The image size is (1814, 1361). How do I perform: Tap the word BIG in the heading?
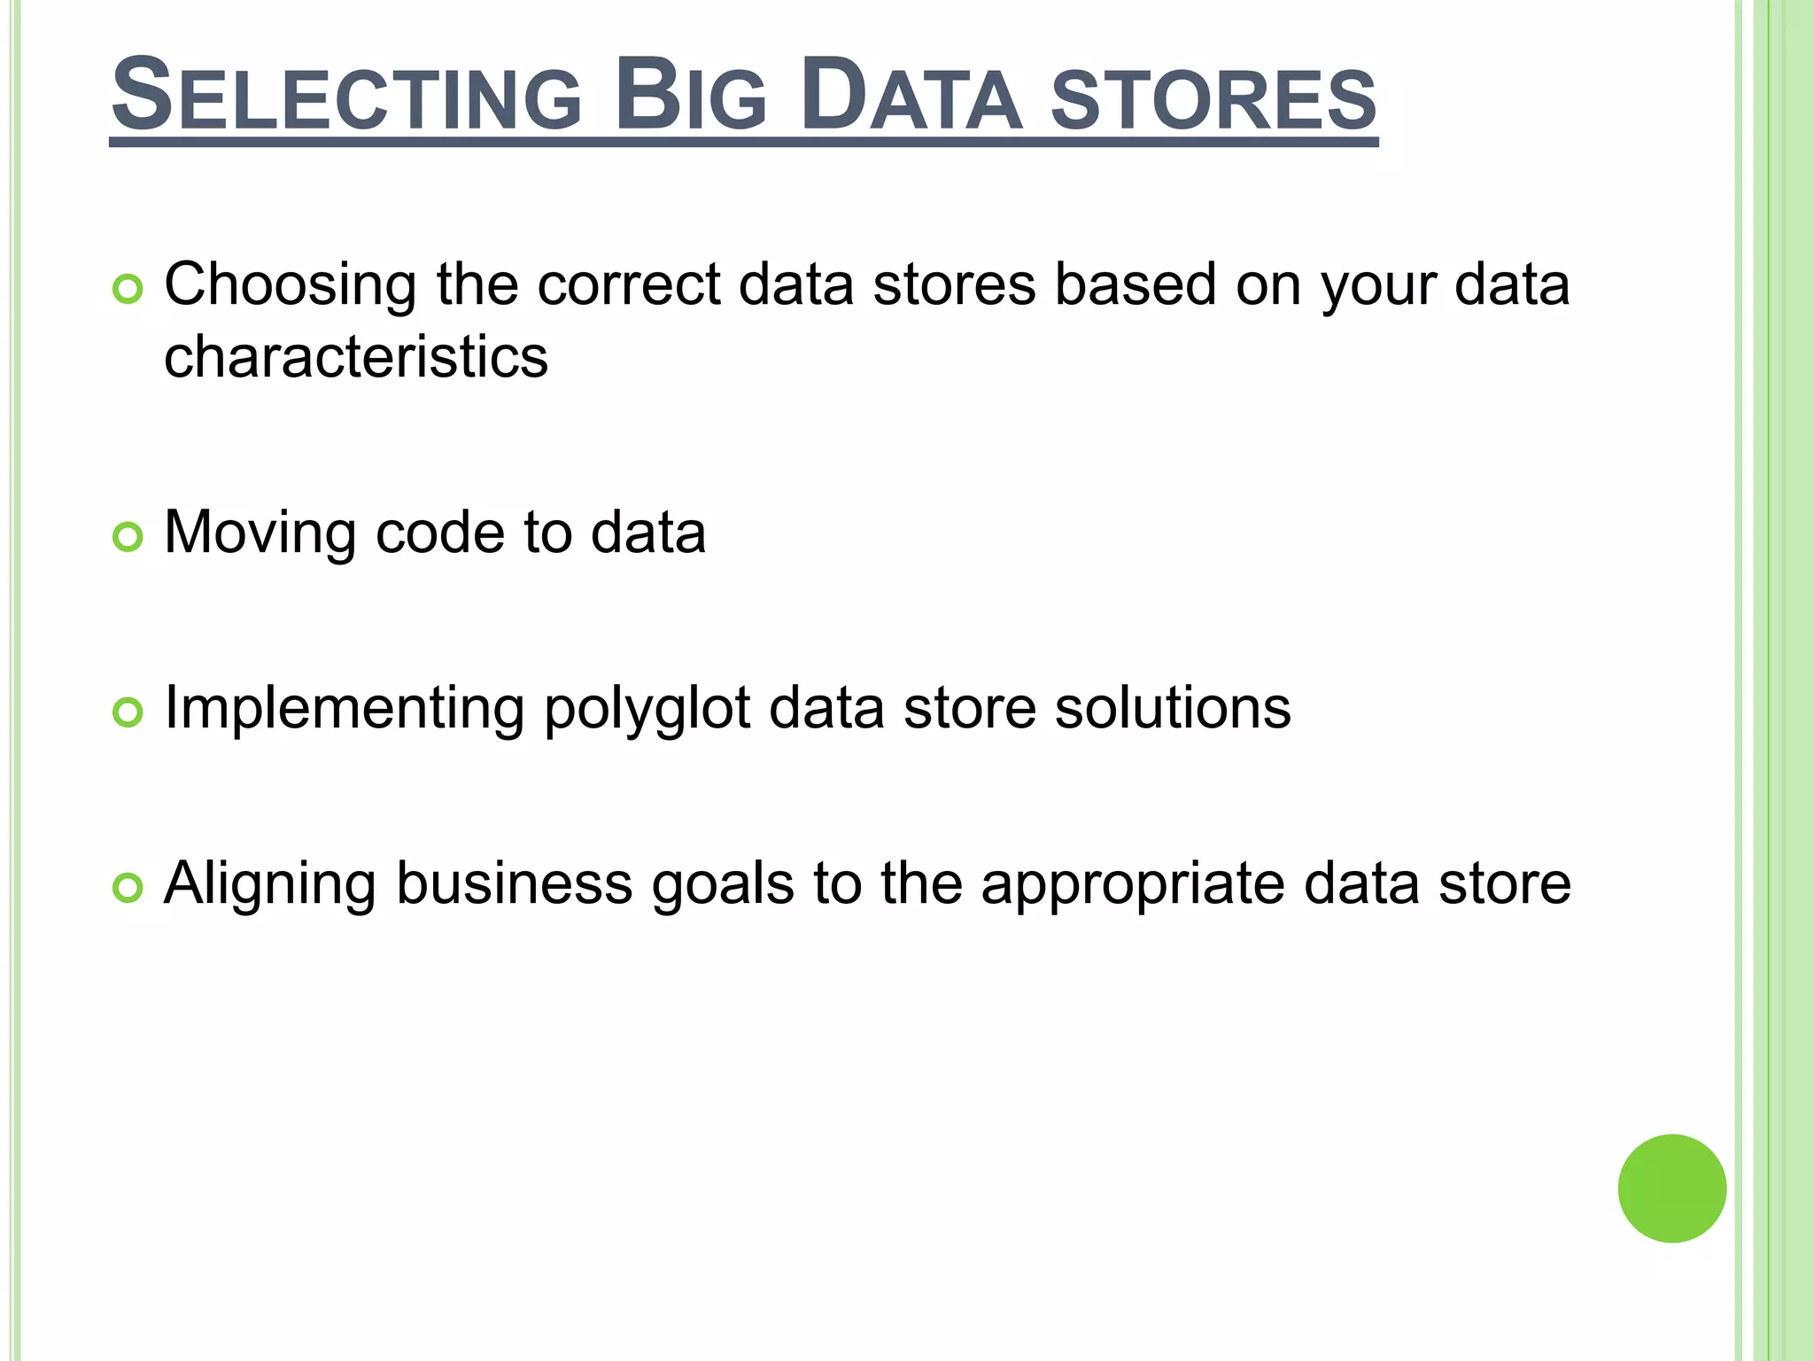(x=690, y=96)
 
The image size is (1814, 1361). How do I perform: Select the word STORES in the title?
(x=1213, y=99)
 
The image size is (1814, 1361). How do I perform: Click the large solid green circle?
(x=1671, y=1188)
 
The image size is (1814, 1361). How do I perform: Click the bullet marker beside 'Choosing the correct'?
(x=128, y=290)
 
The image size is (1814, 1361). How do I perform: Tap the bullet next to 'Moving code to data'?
(x=128, y=537)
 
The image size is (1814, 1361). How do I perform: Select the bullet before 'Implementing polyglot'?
(x=128, y=712)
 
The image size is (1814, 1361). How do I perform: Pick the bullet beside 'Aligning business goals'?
(x=128, y=888)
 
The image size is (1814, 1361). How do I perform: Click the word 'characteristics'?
(x=356, y=357)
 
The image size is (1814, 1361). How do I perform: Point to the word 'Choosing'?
(x=291, y=286)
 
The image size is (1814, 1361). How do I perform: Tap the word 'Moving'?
(x=260, y=533)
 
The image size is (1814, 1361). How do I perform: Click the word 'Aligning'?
(x=270, y=885)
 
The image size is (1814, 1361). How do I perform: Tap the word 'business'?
(x=515, y=883)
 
